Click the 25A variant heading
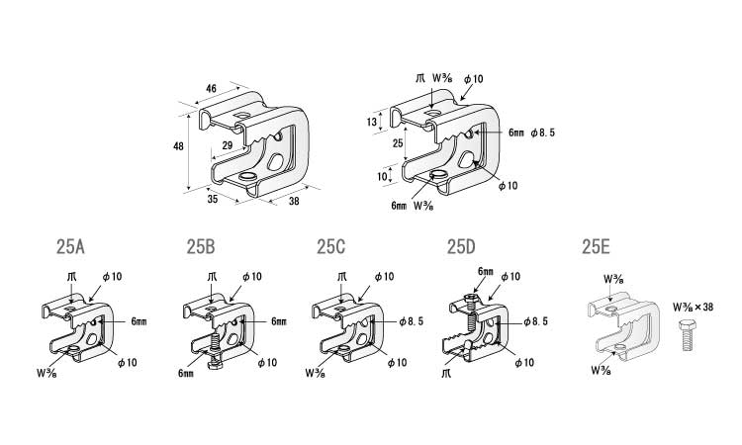coord(70,247)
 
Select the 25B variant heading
coord(201,247)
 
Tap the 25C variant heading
coord(331,247)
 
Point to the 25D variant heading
coord(461,247)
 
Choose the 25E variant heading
coord(597,247)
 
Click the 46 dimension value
coord(211,88)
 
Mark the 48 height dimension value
coord(178,146)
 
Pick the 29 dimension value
coord(228,145)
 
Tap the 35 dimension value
coord(213,199)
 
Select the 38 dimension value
coord(294,201)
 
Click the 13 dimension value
coord(371,122)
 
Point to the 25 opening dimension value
coord(398,142)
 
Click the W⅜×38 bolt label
coord(693,308)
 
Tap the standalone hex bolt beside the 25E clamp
coord(688,335)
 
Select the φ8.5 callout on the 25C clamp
coord(411,321)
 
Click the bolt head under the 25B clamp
coord(216,365)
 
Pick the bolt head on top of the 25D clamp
coord(469,297)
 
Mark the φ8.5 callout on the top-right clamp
coord(542,133)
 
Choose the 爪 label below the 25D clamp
coord(446,374)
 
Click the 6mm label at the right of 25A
coord(139,321)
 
